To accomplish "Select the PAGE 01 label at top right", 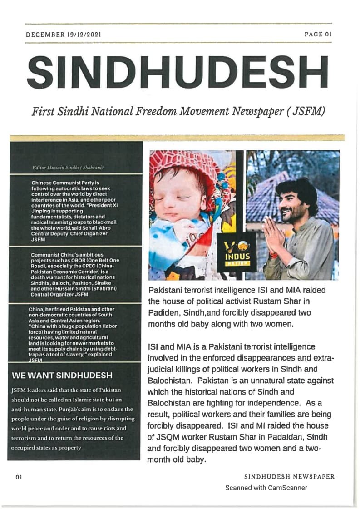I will click(x=319, y=34).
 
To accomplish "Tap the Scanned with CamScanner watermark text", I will click(x=266, y=488).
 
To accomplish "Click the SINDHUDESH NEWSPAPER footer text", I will click(x=289, y=477).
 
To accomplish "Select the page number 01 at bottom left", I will click(x=19, y=477).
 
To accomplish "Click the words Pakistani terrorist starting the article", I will click(x=180, y=290).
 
